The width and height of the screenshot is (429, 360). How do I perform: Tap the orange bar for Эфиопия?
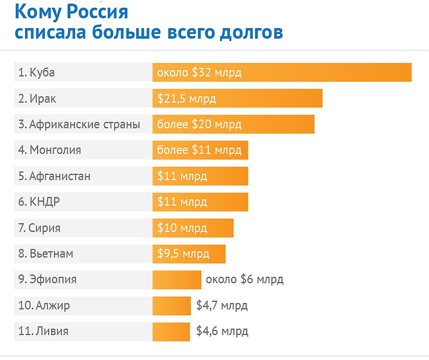click(177, 280)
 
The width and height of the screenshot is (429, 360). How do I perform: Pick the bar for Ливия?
click(171, 331)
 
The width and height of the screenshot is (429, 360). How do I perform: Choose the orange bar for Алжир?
click(172, 305)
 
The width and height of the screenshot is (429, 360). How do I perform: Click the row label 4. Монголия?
click(50, 150)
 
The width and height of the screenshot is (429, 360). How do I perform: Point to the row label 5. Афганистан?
click(55, 176)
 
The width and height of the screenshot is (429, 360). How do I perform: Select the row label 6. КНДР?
click(39, 202)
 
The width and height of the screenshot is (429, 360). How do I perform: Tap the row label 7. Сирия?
click(39, 228)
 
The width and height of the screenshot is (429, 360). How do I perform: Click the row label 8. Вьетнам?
click(46, 254)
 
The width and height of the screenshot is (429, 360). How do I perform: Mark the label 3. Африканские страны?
click(79, 124)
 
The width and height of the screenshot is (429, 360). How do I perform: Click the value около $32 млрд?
click(199, 73)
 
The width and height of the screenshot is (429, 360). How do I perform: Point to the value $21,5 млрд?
click(187, 99)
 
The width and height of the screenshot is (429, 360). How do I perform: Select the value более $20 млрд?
click(199, 125)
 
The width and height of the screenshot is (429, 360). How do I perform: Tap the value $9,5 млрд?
click(183, 254)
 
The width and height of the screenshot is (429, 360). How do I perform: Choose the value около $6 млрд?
click(244, 280)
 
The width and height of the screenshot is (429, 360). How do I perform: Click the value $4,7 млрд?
click(222, 305)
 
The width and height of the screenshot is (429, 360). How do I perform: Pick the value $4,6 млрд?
click(222, 331)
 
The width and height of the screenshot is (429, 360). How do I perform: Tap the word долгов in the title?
click(251, 33)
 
